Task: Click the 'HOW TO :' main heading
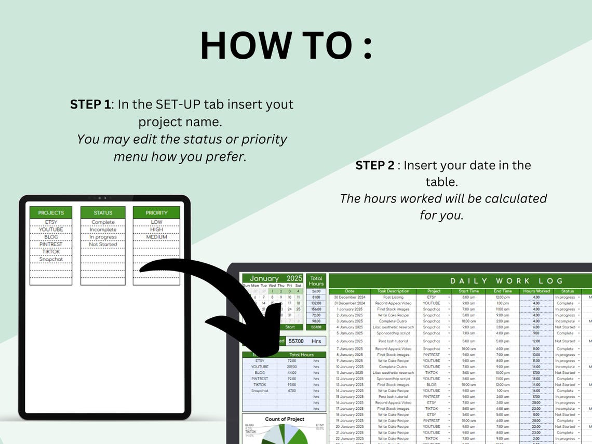click(286, 46)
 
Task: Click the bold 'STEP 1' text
click(90, 104)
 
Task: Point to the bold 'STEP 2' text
click(376, 165)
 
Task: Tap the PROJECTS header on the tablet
click(51, 212)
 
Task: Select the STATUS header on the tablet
click(103, 212)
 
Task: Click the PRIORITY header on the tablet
click(156, 212)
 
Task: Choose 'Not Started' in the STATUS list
click(103, 244)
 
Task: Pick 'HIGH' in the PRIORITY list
click(156, 230)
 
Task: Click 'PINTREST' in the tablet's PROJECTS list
click(51, 244)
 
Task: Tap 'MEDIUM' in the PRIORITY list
click(156, 237)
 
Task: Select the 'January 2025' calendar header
click(273, 278)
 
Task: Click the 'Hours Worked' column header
click(536, 291)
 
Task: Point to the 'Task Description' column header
click(393, 291)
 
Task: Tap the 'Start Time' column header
click(468, 291)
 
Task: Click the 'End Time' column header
click(502, 291)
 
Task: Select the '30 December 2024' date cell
click(349, 297)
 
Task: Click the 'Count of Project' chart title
click(284, 419)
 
